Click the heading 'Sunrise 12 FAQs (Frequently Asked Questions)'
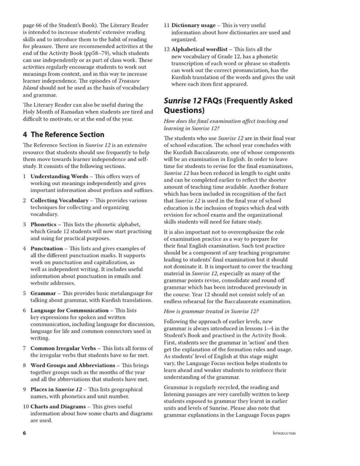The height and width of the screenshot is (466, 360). [228, 105]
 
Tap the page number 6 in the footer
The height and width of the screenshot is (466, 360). [24, 433]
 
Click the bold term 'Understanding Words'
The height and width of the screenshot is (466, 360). [59, 176]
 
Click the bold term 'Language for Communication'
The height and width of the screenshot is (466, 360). [70, 310]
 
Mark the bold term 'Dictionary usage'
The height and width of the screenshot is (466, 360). [194, 25]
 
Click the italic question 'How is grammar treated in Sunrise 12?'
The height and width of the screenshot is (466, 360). [211, 311]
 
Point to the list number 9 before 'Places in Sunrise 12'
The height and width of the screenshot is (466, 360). [25, 389]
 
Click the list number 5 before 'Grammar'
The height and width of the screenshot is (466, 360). [25, 293]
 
